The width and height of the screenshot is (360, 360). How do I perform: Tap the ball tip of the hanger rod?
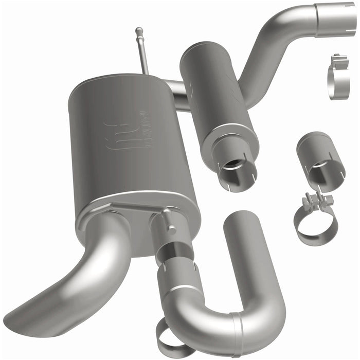[138, 31]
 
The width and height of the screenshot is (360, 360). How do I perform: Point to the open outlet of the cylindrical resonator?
[235, 169]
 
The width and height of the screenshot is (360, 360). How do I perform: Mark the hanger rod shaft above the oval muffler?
[143, 54]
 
